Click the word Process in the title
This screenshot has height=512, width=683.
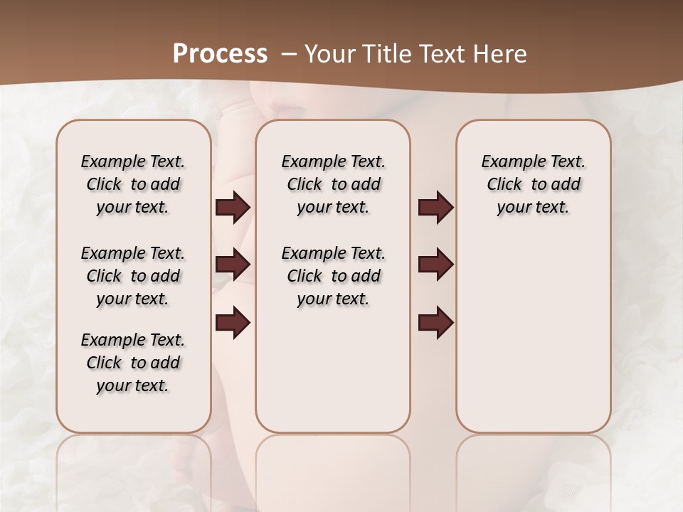(x=220, y=53)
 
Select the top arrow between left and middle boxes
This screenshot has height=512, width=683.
(x=233, y=208)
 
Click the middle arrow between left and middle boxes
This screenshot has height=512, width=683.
(x=233, y=265)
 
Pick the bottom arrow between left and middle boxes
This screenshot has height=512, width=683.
(x=233, y=323)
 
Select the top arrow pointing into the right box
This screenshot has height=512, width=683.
(x=435, y=208)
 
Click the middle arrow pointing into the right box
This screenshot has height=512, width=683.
(x=435, y=265)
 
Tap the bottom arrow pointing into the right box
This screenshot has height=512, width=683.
(x=435, y=323)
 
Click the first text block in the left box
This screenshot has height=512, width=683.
(x=133, y=184)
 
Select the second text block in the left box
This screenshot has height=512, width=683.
(x=133, y=276)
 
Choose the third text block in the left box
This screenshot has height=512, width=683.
(x=133, y=363)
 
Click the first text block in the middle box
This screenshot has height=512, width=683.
(x=333, y=184)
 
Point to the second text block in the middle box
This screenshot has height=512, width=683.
(x=333, y=276)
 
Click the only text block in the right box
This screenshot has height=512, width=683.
(x=533, y=184)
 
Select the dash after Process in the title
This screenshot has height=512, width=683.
(x=289, y=53)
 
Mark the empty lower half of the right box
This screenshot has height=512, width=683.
(x=533, y=341)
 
